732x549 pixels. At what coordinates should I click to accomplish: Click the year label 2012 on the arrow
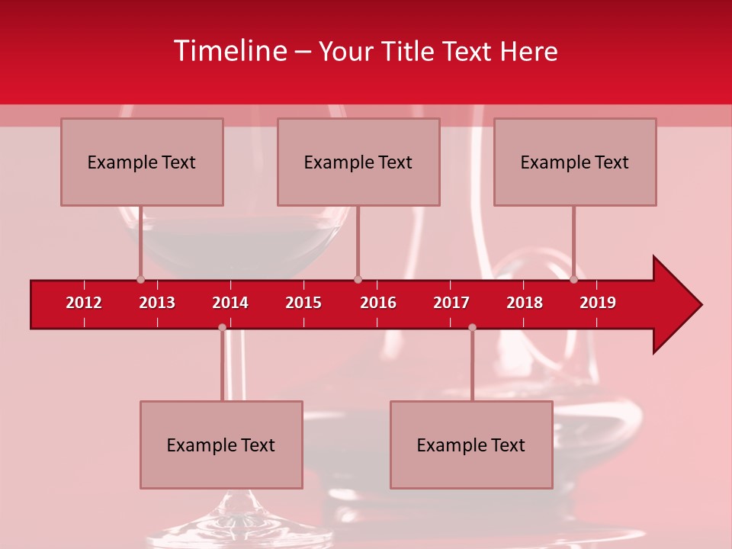pos(84,303)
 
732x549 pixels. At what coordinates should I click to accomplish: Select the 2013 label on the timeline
pos(157,303)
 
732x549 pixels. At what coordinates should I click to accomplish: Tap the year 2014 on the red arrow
pos(230,303)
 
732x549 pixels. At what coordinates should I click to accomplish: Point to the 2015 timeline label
pos(303,303)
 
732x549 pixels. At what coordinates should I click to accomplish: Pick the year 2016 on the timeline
pos(378,303)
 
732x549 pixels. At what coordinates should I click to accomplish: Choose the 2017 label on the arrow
pos(451,303)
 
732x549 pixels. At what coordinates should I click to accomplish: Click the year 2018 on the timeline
pos(525,303)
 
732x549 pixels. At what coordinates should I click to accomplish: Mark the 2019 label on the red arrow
pos(598,303)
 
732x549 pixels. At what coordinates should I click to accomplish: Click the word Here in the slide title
pos(528,51)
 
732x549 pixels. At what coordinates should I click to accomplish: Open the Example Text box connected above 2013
pos(142,162)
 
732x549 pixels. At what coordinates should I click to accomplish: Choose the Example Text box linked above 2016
pos(358,162)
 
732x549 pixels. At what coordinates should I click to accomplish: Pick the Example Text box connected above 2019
pos(575,162)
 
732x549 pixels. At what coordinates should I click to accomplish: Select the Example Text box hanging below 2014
pos(221,445)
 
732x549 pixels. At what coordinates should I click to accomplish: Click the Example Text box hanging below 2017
pos(471,445)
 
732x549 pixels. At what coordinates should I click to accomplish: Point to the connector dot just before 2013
pos(140,280)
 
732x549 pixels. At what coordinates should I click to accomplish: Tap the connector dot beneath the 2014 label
pos(222,327)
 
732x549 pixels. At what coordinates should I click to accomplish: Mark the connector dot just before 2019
pos(573,280)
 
